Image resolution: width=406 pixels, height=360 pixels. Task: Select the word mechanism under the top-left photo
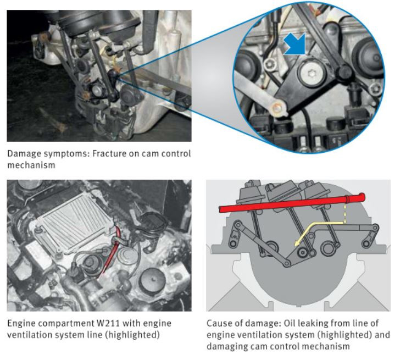pyautogui.click(x=31, y=165)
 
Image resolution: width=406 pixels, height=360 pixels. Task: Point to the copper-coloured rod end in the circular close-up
pyautogui.click(x=277, y=108)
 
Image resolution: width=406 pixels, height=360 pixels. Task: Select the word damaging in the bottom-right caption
pyautogui.click(x=227, y=346)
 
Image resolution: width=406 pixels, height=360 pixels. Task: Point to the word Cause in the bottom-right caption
pyautogui.click(x=218, y=323)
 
